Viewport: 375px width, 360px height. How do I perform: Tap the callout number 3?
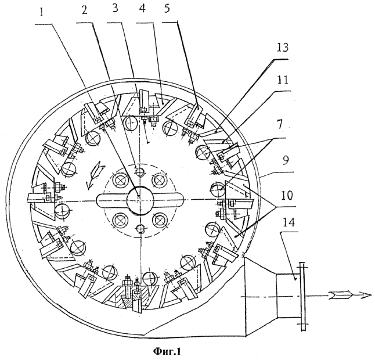(114, 10)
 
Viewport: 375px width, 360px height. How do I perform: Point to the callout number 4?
(143, 9)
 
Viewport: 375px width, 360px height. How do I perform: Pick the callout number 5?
(167, 9)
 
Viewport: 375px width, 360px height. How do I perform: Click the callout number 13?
(282, 48)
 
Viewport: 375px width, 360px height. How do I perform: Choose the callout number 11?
(282, 81)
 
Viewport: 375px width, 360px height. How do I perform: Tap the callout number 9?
(286, 160)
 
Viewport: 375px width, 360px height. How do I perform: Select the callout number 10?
(286, 195)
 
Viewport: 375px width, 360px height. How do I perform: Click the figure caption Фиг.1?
(167, 351)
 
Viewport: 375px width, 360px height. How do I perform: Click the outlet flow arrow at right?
(349, 296)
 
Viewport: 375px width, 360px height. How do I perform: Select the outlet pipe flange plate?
(302, 296)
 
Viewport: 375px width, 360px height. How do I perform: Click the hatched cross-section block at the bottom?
(127, 298)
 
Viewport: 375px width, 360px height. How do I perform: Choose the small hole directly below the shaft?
(140, 229)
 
